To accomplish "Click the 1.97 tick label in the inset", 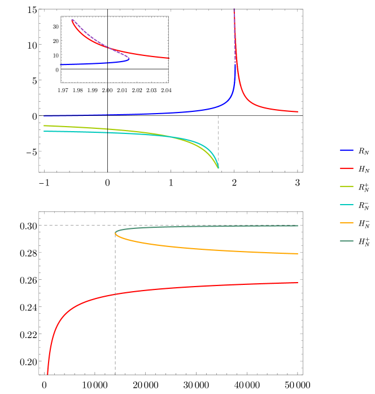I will (63, 90).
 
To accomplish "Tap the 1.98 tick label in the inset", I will (78, 90).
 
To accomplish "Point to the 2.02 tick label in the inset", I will (137, 90).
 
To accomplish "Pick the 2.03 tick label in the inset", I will (151, 90).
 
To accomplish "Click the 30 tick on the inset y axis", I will (56, 27).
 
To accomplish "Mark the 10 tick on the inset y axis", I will (56, 55).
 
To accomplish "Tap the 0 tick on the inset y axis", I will (57, 70).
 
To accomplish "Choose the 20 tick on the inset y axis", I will (56, 41).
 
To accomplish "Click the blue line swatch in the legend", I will (347, 150).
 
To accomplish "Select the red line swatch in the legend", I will (347, 168).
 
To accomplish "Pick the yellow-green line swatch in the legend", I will (347, 187).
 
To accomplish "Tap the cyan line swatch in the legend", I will (347, 205).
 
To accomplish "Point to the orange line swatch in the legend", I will (347, 223).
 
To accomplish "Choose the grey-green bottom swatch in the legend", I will (347, 241).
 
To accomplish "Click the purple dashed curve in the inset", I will (96, 40).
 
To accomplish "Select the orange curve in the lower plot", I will (198, 248).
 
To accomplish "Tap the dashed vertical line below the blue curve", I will (218, 136).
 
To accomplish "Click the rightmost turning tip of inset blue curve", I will (129, 58).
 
